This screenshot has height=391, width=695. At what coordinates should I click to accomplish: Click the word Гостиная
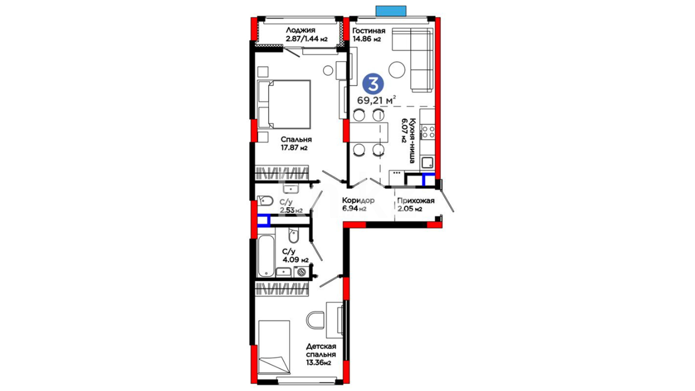pos(369,31)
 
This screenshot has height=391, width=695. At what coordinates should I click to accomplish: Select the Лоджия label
pos(300,30)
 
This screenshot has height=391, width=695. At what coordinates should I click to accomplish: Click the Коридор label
pos(358,201)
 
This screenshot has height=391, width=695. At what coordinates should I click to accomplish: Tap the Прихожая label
pos(416,201)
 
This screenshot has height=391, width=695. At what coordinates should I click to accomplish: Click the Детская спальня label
pos(321,350)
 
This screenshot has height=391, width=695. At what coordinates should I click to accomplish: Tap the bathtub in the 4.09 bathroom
pos(266,256)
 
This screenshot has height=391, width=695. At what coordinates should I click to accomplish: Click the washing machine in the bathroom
pos(301,272)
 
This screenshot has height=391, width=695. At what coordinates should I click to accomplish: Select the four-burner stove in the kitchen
pos(428,131)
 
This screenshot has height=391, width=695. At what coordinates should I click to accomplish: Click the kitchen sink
pos(427,163)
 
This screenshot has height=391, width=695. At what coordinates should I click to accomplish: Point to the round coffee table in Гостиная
pos(397,70)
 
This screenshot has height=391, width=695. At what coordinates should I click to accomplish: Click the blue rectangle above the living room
pos(391,11)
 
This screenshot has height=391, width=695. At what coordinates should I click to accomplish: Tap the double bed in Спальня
pos(284,104)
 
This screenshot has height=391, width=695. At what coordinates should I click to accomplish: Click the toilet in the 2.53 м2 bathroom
pos(265,201)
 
